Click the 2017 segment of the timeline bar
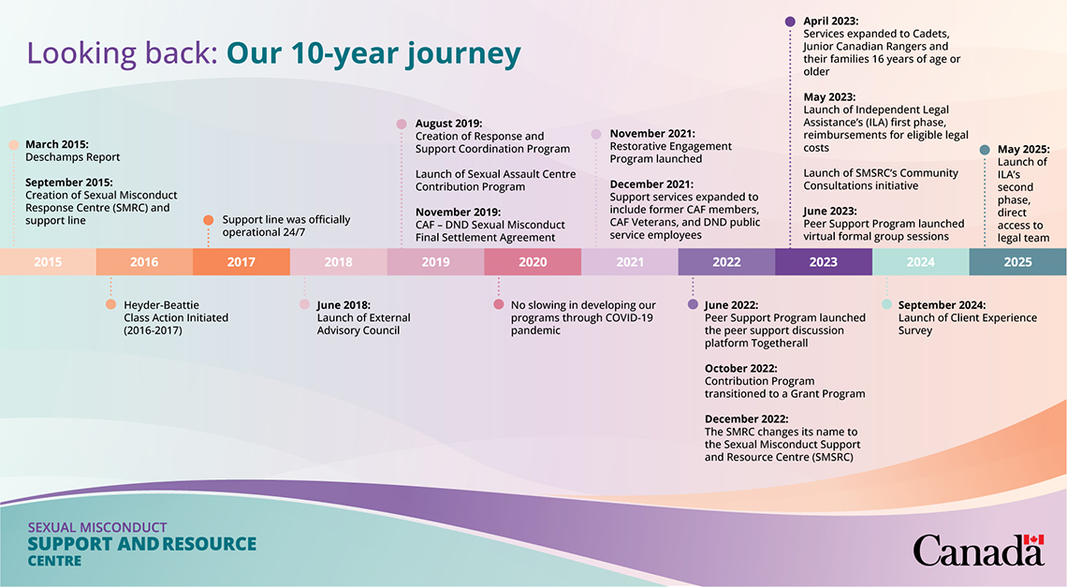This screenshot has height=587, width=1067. [241, 261]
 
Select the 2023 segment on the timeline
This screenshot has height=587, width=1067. [824, 261]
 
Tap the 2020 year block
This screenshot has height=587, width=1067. [533, 261]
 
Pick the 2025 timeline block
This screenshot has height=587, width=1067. [1018, 261]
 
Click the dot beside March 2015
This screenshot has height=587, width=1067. [14, 144]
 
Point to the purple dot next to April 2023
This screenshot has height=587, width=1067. [790, 22]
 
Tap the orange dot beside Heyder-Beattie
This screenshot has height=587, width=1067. [111, 304]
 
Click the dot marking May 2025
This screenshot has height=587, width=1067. [985, 149]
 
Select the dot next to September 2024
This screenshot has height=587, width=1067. [886, 304]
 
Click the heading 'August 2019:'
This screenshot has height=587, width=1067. [448, 124]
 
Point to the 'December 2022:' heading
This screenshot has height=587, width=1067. [747, 418]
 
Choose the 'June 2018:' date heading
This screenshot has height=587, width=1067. [343, 305]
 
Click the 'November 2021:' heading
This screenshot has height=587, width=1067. [652, 134]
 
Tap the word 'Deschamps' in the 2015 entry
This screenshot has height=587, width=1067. [54, 157]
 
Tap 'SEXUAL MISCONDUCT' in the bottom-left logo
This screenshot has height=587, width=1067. [97, 528]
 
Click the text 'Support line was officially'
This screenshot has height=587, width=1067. [286, 220]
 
